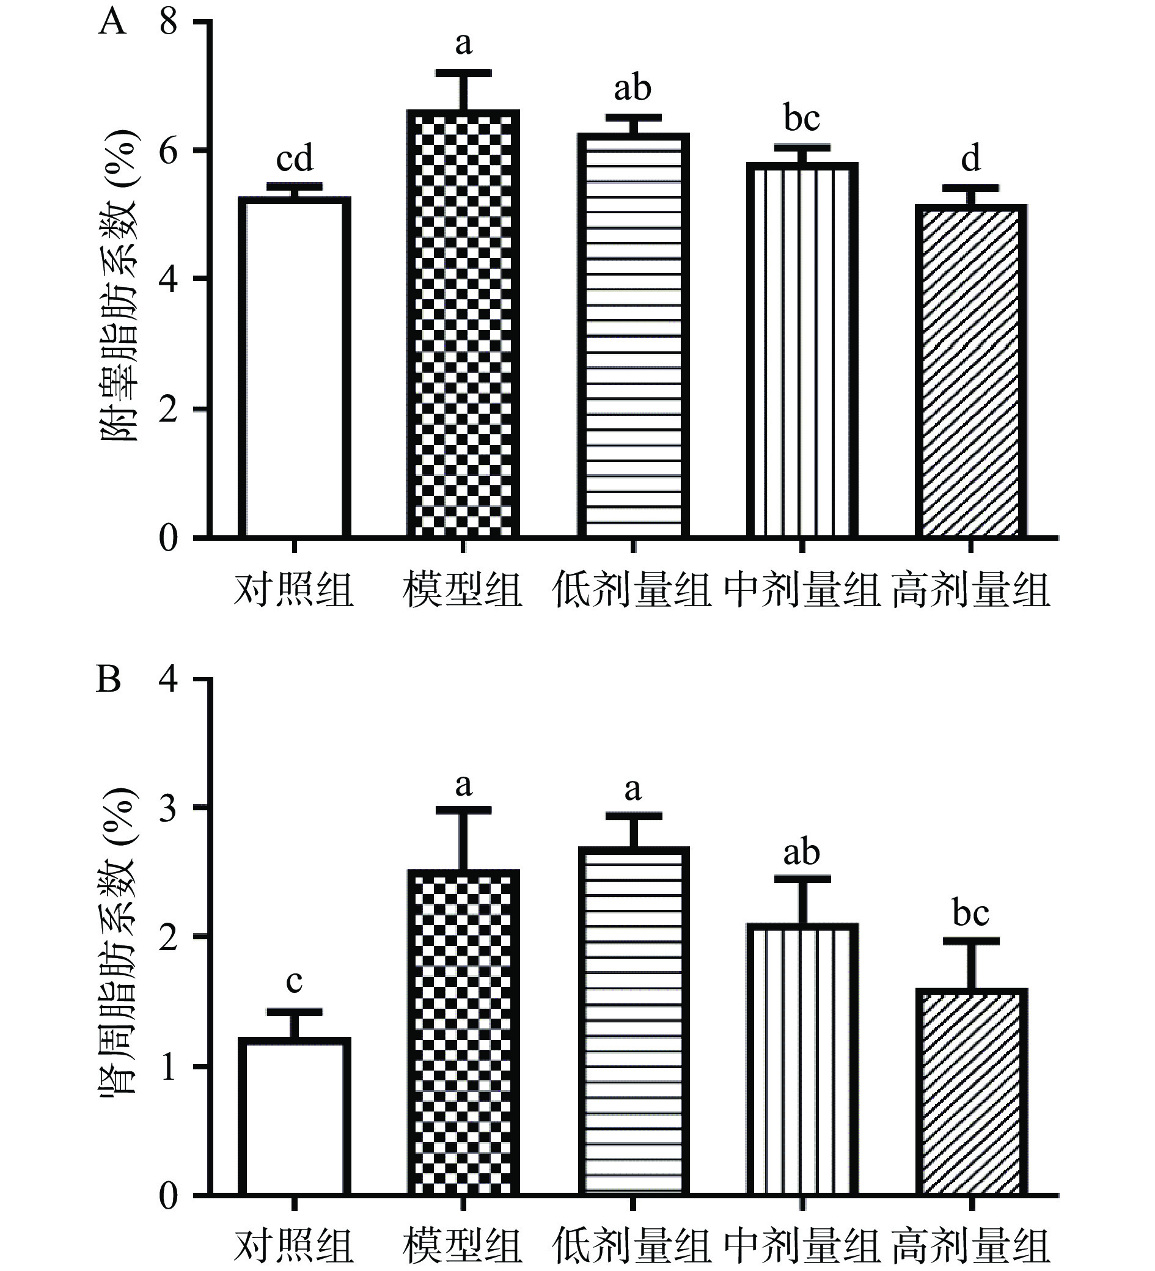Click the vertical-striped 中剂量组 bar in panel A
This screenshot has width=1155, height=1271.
[x=802, y=350]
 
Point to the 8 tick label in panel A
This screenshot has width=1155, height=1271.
[x=168, y=23]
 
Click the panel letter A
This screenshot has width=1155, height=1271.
[x=112, y=23]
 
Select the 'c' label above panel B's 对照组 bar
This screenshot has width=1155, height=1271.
[x=295, y=980]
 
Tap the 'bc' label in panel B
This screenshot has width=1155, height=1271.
[x=971, y=912]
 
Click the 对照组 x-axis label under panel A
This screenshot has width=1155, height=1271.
[x=295, y=590]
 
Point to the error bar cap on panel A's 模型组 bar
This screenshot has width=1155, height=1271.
[x=463, y=73]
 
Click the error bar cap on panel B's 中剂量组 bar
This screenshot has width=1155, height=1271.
[x=802, y=879]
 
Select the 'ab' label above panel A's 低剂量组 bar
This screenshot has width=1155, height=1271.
[x=632, y=88]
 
